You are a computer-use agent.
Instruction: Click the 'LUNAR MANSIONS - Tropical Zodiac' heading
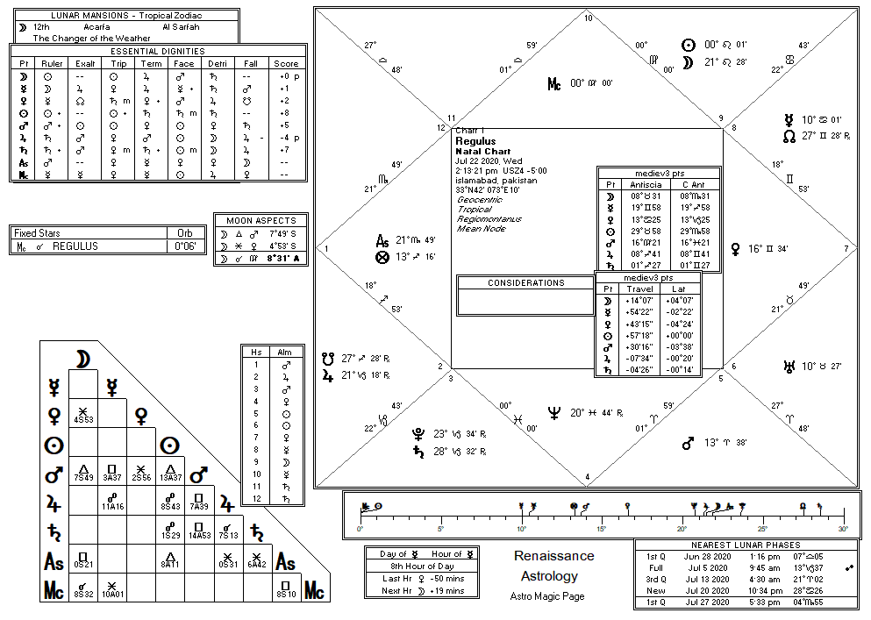(126, 16)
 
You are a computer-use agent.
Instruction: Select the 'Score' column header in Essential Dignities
(286, 63)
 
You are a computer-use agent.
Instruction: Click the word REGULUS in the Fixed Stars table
(75, 246)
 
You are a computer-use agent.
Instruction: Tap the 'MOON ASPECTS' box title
(261, 220)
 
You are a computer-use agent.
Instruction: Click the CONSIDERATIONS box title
(525, 283)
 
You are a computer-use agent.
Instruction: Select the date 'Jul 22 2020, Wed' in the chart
(489, 160)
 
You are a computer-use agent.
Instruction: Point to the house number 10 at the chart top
(588, 18)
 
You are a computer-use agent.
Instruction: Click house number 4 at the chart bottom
(588, 477)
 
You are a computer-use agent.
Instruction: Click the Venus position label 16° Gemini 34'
(768, 249)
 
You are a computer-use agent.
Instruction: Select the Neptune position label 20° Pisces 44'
(594, 412)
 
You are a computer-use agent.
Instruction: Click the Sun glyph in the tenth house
(689, 45)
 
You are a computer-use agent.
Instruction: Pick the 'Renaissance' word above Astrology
(553, 556)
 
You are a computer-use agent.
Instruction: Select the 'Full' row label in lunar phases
(656, 567)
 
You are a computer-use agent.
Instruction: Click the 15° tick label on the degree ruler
(601, 529)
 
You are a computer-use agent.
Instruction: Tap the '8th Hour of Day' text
(422, 567)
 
